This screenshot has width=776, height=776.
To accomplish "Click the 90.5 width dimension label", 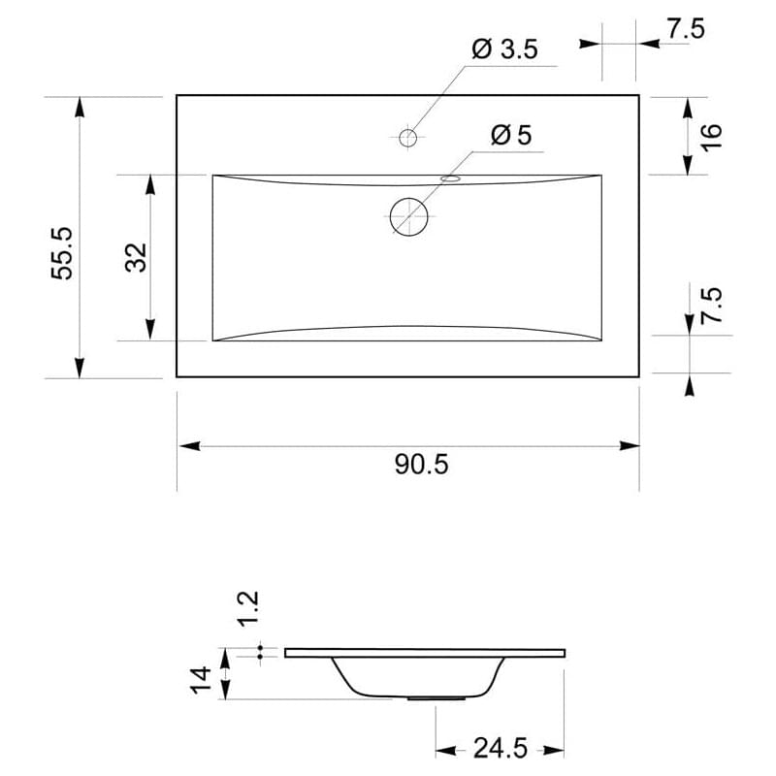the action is coord(422,465).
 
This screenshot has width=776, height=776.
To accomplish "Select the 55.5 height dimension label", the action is coord(62,253).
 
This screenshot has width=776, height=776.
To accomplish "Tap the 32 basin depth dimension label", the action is coord(136,257).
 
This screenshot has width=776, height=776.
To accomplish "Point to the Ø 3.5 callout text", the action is coord(504,49).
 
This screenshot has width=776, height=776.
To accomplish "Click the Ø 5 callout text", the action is coord(511,135).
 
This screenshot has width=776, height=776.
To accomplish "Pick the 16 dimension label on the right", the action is coord(712,137).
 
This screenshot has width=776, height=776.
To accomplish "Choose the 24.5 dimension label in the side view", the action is coord(501,748).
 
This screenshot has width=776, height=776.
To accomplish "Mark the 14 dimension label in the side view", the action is coord(202,680).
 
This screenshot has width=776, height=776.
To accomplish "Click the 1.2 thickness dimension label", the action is coord(248,609).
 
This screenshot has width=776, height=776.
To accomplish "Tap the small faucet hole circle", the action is coord(408,138).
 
